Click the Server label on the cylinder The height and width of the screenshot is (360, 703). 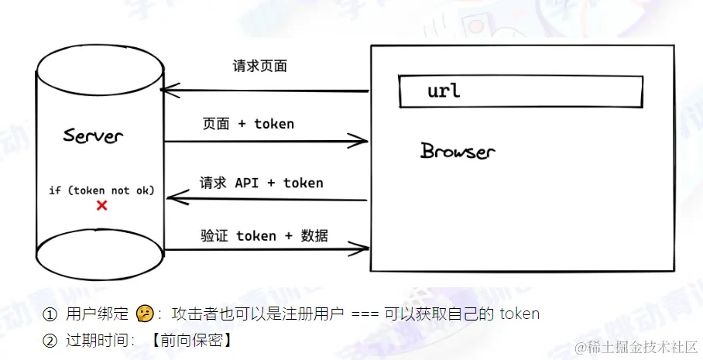click(93, 136)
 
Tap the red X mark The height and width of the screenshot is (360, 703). click(101, 206)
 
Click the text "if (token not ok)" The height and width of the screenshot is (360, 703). click(101, 190)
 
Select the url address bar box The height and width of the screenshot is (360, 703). click(520, 91)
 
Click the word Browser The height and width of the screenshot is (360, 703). click(457, 151)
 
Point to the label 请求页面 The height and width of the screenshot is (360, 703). click(259, 67)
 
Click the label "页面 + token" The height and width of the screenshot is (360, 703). click(248, 124)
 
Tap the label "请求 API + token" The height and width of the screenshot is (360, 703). click(261, 183)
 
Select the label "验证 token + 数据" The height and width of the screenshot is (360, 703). click(264, 236)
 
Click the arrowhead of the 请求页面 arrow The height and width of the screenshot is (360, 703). click(166, 91)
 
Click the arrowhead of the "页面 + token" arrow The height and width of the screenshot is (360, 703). click(361, 140)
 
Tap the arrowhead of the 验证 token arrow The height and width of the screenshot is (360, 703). click(361, 249)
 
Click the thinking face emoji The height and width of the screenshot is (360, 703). click(143, 314)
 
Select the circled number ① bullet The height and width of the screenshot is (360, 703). click(50, 314)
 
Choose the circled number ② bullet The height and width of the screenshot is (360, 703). click(50, 340)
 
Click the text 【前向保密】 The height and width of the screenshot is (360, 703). click(192, 340)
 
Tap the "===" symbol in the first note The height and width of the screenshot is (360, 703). click(365, 314)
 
